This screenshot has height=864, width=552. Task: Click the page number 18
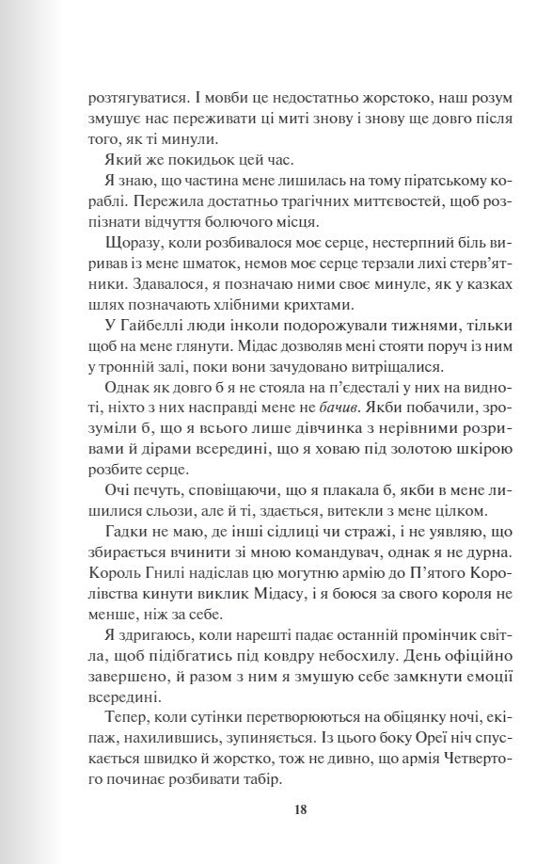click(x=301, y=808)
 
